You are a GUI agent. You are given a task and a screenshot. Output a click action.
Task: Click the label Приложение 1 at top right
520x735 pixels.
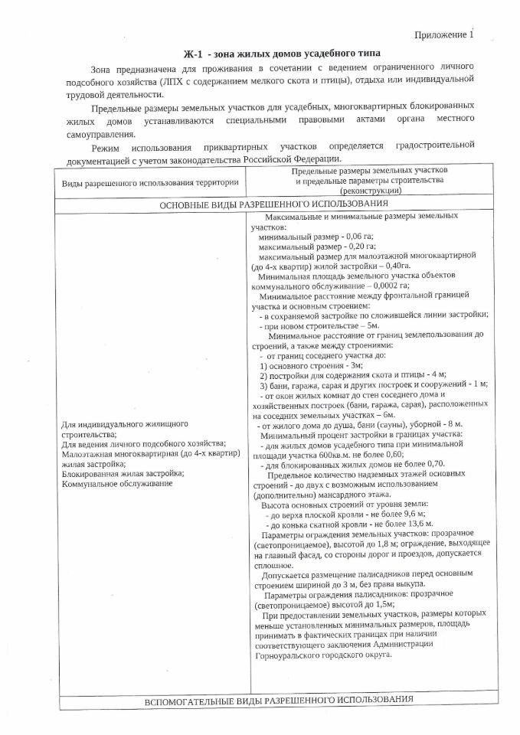coord(444,35)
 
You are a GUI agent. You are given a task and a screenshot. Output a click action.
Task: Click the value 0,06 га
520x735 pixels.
coord(360,237)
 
